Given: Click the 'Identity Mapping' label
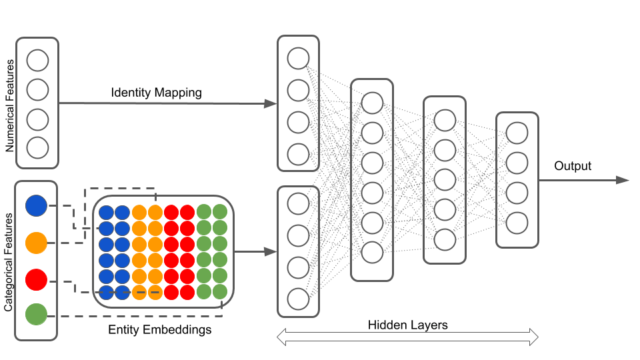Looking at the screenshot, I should click(x=156, y=93).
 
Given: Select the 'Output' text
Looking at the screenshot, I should click(x=573, y=165).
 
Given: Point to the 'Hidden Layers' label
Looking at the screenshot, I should click(x=407, y=325).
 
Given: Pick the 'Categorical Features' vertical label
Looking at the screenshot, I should click(x=9, y=262).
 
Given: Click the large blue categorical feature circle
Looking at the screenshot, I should click(x=36, y=205).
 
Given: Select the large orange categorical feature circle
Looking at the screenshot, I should click(x=36, y=242).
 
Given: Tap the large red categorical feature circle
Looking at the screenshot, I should click(x=36, y=279).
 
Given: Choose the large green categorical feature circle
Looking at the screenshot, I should click(x=36, y=313).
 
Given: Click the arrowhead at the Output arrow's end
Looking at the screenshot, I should click(x=623, y=180).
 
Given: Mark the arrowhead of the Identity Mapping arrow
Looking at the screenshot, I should click(x=270, y=103).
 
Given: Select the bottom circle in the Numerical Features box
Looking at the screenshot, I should click(x=37, y=147).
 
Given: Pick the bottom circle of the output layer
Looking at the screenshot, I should click(x=517, y=223).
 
